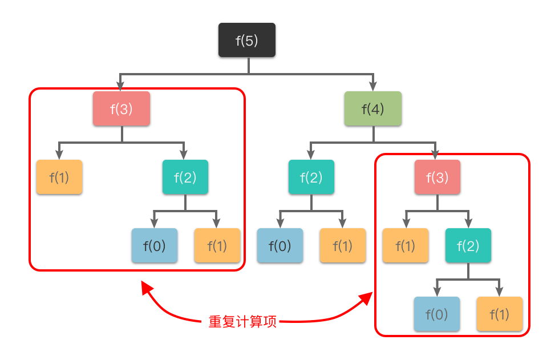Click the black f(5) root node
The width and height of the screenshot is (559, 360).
click(247, 40)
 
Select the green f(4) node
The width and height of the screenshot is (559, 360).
click(373, 108)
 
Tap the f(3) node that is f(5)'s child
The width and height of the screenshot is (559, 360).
click(121, 108)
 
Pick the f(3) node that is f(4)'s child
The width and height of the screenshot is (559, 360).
click(437, 177)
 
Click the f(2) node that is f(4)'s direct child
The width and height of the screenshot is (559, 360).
click(311, 177)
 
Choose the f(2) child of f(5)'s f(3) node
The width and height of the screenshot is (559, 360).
click(185, 177)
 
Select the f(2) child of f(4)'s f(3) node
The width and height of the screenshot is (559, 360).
click(468, 245)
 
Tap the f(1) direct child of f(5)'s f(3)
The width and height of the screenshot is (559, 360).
click(59, 177)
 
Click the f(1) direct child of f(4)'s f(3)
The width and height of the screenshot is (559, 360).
click(405, 245)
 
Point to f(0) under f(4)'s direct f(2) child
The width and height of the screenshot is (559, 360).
click(279, 245)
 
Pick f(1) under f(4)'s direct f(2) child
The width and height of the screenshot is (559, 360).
click(342, 245)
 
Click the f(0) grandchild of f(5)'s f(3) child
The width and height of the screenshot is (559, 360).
click(154, 245)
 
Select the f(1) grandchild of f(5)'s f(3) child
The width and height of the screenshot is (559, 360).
click(217, 245)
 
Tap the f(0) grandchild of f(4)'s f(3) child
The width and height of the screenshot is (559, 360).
click(436, 314)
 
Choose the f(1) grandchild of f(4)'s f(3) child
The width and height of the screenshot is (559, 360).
click(499, 314)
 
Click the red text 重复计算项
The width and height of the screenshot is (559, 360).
click(243, 322)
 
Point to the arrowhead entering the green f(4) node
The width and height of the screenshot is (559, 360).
click(373, 86)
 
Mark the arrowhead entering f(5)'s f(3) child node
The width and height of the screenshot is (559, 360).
click(121, 86)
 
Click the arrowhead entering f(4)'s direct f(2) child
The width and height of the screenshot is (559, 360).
click(311, 154)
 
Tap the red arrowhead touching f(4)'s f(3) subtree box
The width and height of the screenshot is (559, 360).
click(367, 298)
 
